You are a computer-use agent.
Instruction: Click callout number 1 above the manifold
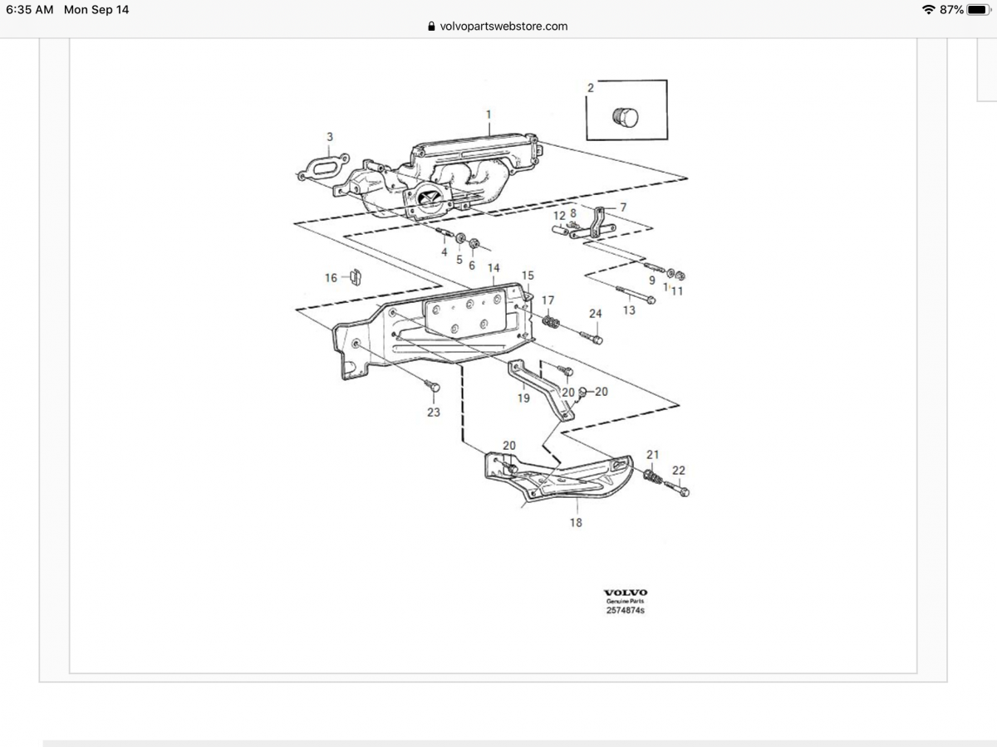tap(488, 114)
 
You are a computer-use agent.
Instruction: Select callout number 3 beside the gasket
tap(330, 136)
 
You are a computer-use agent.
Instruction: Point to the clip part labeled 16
tap(354, 276)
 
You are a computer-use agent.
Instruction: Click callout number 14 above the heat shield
tap(494, 268)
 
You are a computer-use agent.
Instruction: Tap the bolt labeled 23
tap(432, 385)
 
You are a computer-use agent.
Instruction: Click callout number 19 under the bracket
tap(523, 398)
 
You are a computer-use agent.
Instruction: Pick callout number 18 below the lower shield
tap(576, 522)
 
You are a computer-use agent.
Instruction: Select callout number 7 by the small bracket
tap(623, 206)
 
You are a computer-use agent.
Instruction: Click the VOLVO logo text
tap(626, 593)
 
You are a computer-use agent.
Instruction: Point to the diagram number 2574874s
tap(626, 610)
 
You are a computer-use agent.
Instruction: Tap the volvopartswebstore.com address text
tap(503, 26)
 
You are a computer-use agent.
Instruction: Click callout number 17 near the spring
tap(548, 300)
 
